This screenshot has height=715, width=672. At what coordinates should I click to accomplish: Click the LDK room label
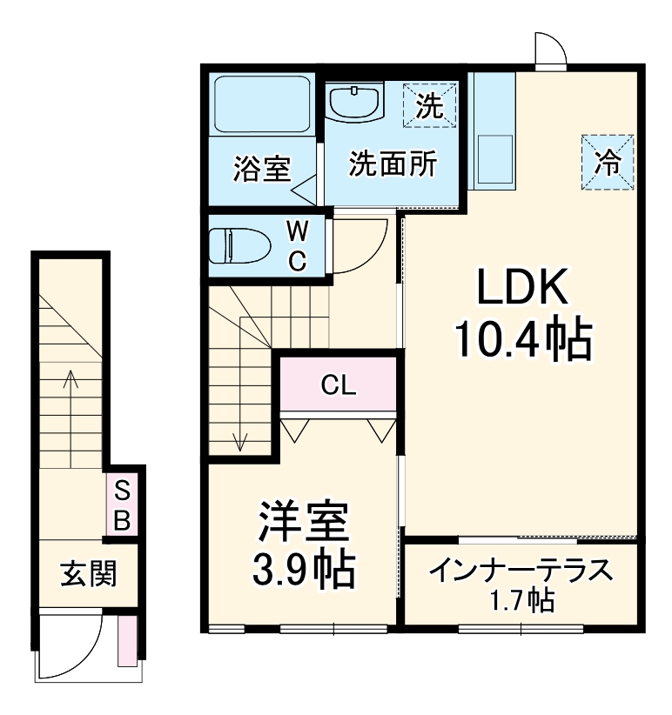tap(521, 284)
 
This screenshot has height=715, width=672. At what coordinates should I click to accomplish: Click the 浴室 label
tap(261, 168)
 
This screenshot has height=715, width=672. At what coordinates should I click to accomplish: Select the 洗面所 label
tap(393, 164)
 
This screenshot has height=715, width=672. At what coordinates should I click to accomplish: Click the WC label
tap(298, 246)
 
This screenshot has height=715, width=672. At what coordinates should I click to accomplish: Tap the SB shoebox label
tap(124, 507)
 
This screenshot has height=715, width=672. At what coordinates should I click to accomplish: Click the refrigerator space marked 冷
tap(608, 161)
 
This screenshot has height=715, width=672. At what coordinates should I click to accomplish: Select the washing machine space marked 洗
tap(429, 105)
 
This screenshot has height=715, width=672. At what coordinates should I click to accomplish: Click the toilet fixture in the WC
tap(243, 246)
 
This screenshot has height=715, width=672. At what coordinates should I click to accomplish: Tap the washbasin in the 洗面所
tap(355, 103)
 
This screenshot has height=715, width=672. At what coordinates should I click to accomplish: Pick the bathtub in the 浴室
tap(262, 104)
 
